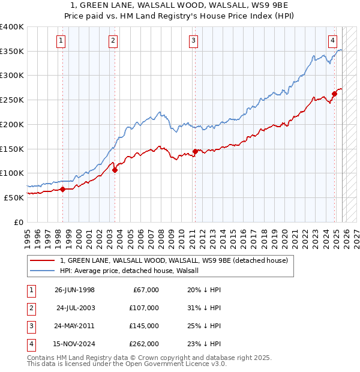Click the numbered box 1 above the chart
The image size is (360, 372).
point(62,41)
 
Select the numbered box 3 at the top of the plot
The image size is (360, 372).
point(194,41)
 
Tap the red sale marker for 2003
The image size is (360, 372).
point(115,170)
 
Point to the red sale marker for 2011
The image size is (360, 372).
point(195,151)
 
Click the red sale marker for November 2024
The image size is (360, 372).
point(334,94)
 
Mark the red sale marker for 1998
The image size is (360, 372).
point(63,189)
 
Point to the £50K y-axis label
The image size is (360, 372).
point(14,197)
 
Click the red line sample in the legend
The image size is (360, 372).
point(43,260)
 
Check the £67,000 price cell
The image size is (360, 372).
point(145,290)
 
